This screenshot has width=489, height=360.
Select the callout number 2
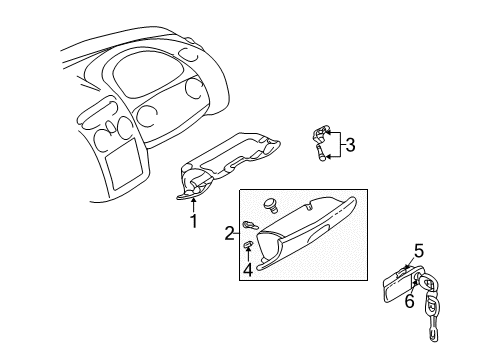(x=230, y=233)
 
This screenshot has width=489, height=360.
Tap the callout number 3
(x=350, y=145)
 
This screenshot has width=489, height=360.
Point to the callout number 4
(x=247, y=269)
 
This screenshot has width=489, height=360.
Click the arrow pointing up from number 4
(x=247, y=256)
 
